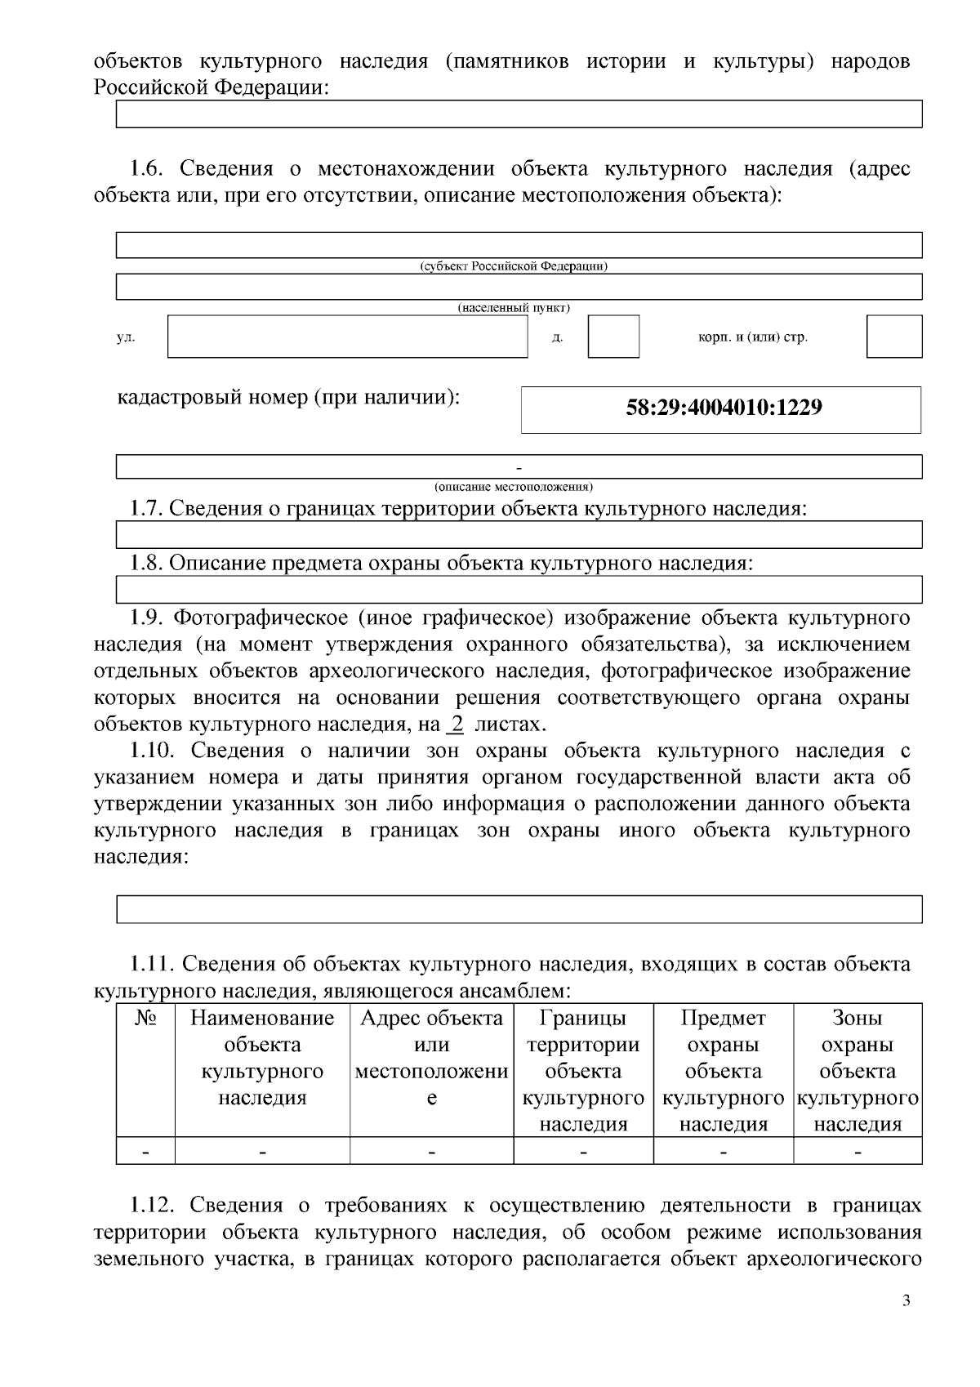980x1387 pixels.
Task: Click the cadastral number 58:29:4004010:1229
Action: click(724, 407)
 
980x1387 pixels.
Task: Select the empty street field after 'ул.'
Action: click(348, 337)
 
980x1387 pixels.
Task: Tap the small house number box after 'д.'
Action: click(613, 337)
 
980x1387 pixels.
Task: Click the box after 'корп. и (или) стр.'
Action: click(893, 337)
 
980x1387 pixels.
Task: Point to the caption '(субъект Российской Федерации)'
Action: click(514, 266)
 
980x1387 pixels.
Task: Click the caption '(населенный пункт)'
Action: click(514, 308)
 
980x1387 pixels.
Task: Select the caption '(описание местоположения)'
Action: click(514, 487)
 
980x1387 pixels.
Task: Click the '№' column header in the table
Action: click(145, 1019)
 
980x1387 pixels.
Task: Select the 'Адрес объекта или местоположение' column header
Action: click(431, 1058)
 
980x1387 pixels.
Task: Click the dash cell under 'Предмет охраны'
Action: click(724, 1151)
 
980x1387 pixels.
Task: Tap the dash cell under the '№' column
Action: click(145, 1151)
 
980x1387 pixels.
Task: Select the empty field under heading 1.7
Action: click(519, 535)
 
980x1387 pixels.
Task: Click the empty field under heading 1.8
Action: click(519, 589)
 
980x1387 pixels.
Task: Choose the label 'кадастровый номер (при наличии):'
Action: click(289, 398)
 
